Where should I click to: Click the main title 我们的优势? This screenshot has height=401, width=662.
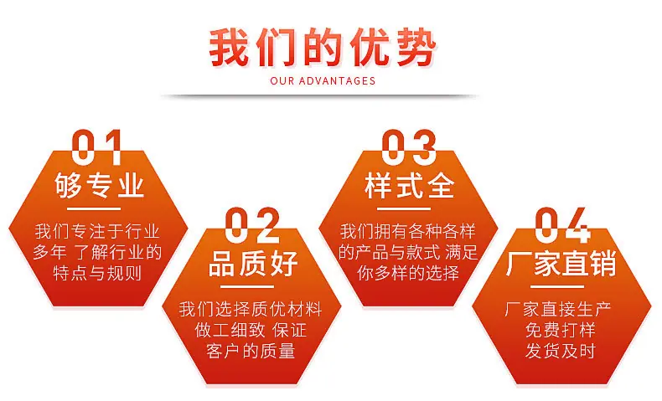click(323, 47)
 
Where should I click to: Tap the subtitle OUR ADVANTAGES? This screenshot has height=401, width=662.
click(323, 81)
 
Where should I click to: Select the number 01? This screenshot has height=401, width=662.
click(97, 147)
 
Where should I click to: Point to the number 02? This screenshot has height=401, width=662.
click(252, 225)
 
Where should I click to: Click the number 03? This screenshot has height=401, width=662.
click(408, 147)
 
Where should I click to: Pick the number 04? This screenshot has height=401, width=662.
click(563, 225)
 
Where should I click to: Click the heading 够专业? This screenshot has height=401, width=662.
click(99, 185)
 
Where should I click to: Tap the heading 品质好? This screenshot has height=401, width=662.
click(253, 263)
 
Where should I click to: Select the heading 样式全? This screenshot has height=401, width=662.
click(410, 185)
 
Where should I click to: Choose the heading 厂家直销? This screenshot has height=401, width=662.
click(561, 263)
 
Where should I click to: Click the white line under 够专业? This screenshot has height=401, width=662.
click(94, 208)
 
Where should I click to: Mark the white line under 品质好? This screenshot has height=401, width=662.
click(247, 287)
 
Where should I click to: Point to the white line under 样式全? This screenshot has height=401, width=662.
click(404, 208)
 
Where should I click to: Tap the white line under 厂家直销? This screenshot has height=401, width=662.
click(557, 287)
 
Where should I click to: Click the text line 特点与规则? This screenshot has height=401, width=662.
click(97, 273)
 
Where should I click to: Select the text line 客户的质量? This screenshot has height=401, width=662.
click(251, 351)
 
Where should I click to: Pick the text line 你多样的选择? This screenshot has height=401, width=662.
click(408, 273)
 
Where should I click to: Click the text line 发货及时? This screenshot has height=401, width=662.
click(561, 351)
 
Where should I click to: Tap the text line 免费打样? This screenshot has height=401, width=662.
click(561, 330)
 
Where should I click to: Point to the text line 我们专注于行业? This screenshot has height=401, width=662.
click(97, 232)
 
